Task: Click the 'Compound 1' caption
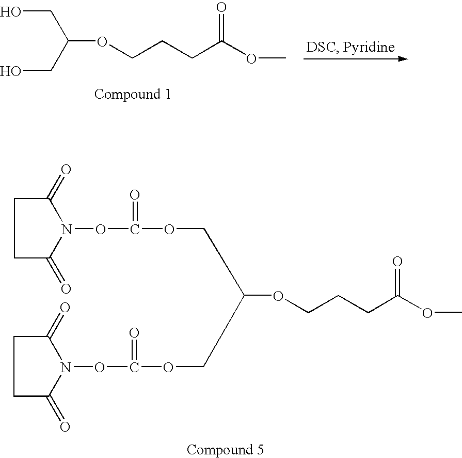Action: (x=133, y=95)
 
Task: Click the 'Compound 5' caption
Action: (x=225, y=449)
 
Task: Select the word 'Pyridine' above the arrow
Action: (x=369, y=48)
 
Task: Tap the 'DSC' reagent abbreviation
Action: (x=322, y=47)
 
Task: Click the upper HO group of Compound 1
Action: (x=10, y=12)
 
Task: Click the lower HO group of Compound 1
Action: (x=10, y=71)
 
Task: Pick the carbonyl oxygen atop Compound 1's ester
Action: (x=221, y=7)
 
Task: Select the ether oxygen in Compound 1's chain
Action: (x=102, y=42)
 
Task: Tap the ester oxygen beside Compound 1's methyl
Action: (x=251, y=59)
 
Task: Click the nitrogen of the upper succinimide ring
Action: (x=67, y=229)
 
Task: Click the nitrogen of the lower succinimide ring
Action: (x=66, y=368)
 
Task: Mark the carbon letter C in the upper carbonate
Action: (x=135, y=229)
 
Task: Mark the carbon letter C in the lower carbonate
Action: (x=134, y=368)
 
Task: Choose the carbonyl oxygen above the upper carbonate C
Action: (x=135, y=195)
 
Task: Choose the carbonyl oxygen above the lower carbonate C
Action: (x=134, y=333)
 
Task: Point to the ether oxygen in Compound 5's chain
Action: (x=278, y=296)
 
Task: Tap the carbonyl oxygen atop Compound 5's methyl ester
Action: (x=397, y=262)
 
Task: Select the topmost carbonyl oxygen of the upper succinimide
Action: (x=66, y=170)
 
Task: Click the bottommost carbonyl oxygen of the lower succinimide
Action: (x=65, y=426)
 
